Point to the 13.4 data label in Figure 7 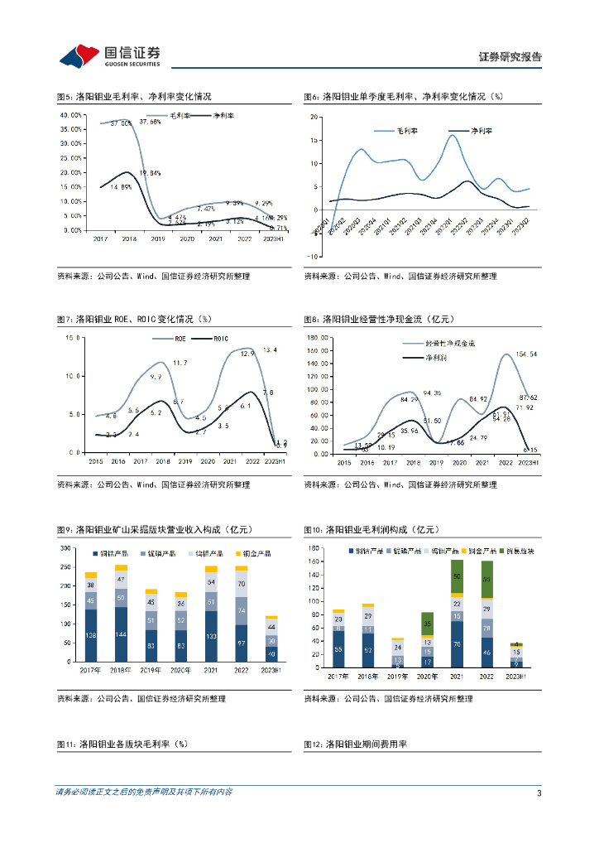[x=270, y=350]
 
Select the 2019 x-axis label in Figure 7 [x=184, y=461]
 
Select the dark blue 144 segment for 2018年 [x=121, y=634]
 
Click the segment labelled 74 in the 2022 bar [x=242, y=610]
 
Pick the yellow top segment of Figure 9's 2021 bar [x=211, y=569]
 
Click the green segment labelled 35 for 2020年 [x=427, y=624]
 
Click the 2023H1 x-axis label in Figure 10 [x=515, y=677]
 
